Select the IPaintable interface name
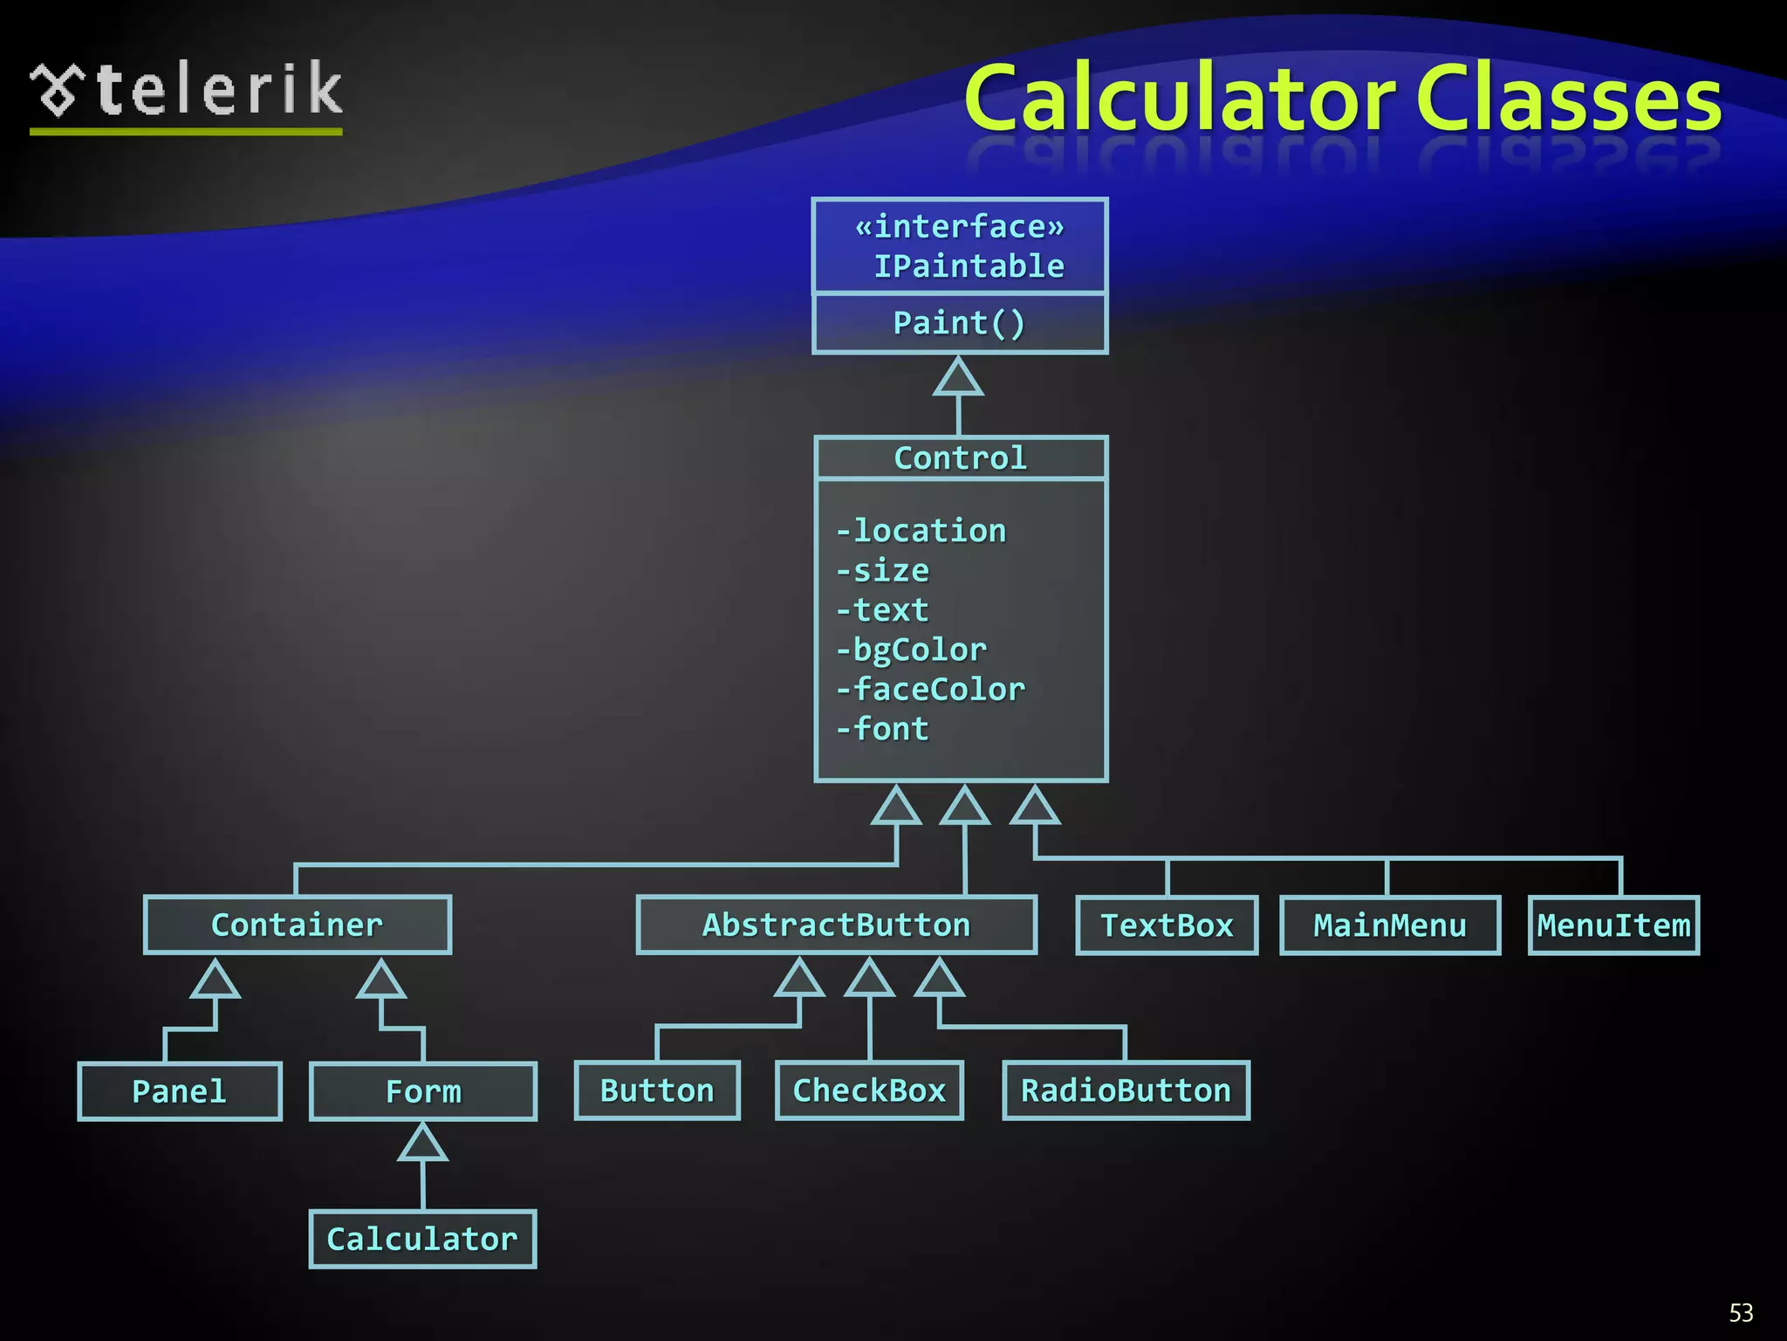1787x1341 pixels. (969, 266)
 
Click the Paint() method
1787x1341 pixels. (959, 323)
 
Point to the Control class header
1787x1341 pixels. (960, 458)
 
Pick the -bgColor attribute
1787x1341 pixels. (911, 650)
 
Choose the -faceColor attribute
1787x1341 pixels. (930, 690)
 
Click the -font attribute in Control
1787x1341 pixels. (882, 729)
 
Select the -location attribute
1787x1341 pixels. (921, 531)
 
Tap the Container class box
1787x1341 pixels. (297, 925)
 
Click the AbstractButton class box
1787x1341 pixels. (836, 925)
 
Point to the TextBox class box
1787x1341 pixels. (1167, 925)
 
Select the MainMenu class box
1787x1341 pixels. (1390, 925)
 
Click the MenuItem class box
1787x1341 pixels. (1613, 925)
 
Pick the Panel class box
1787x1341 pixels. (179, 1091)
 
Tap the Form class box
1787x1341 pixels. (423, 1091)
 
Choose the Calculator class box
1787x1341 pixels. (422, 1239)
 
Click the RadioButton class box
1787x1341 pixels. (1126, 1090)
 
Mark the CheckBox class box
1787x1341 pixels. (869, 1090)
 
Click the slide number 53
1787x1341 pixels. (1741, 1313)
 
